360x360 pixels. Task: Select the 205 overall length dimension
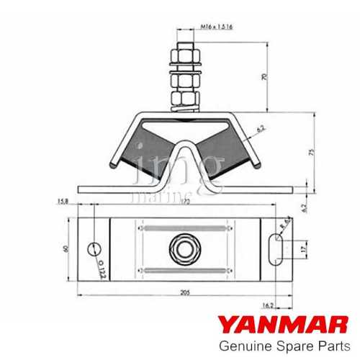(186, 292)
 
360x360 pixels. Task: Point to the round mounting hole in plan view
(93, 249)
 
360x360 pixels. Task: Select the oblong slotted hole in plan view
(274, 250)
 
